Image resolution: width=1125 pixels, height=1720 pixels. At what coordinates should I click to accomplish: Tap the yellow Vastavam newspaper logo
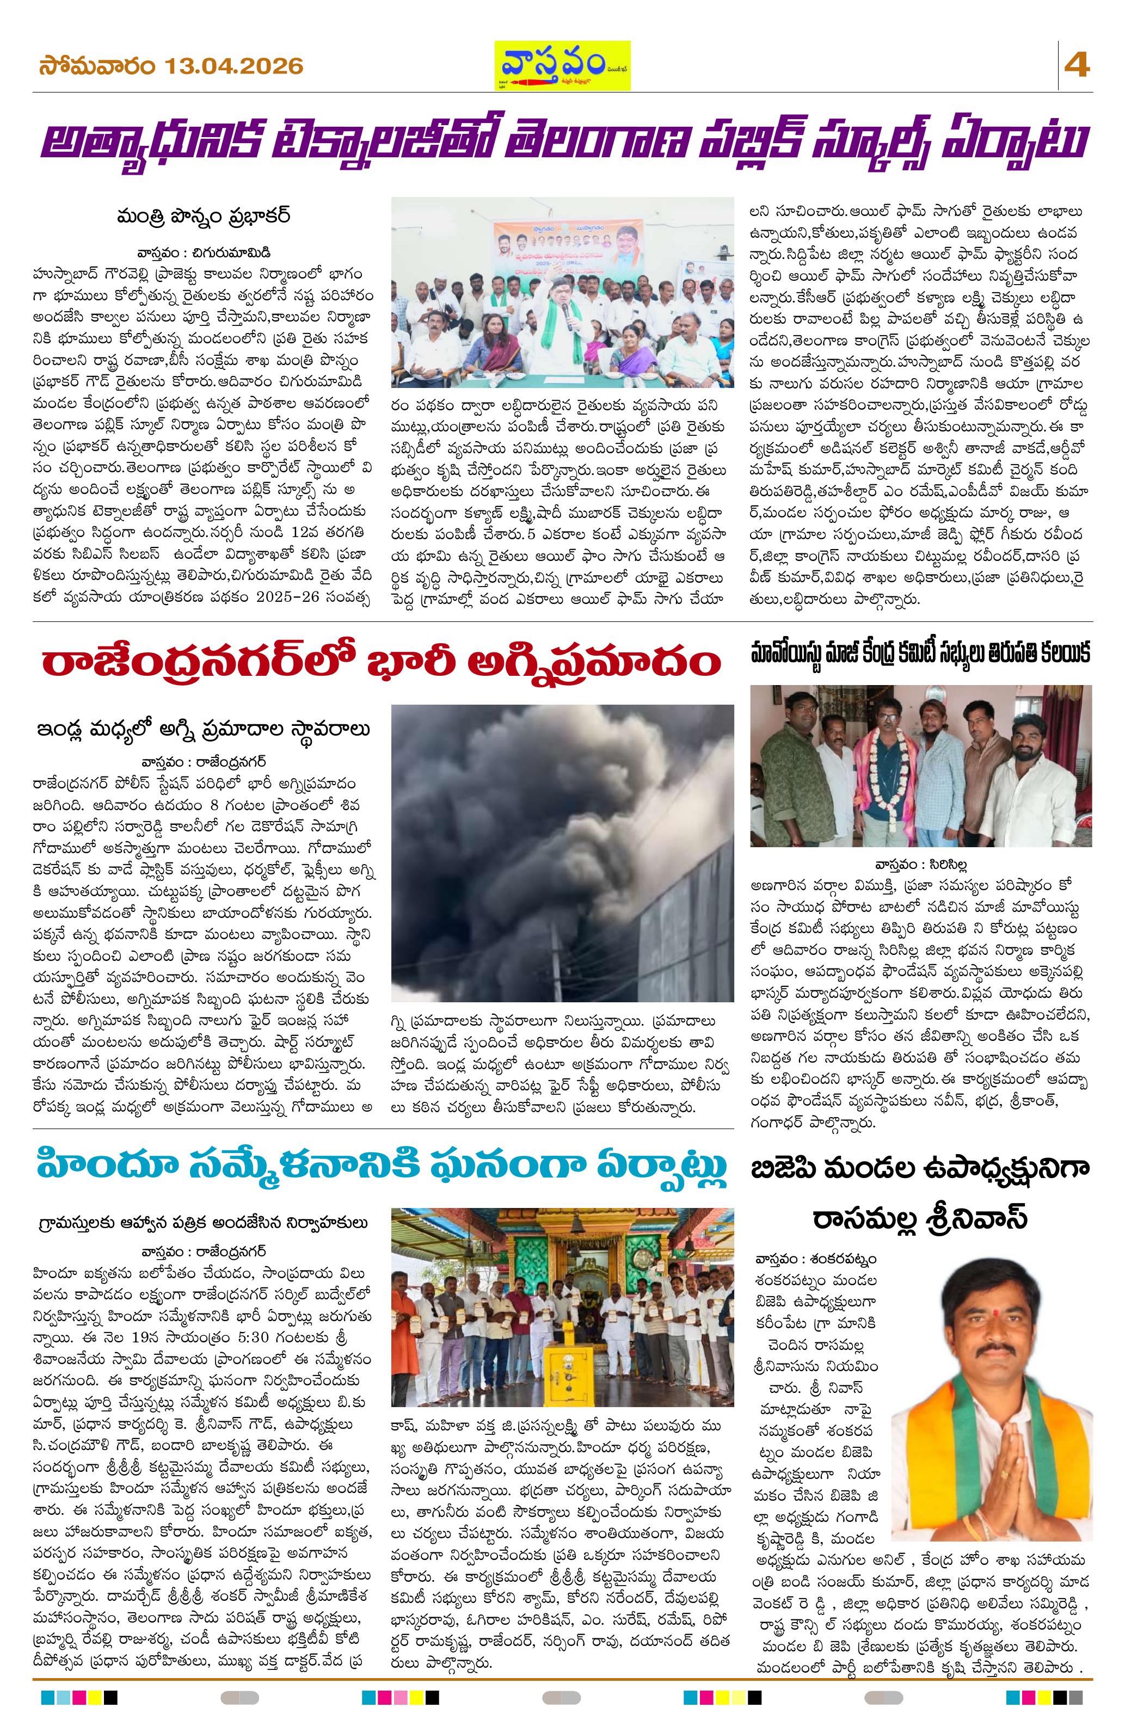562,66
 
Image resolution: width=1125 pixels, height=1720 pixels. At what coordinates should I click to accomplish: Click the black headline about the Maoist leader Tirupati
920,654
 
